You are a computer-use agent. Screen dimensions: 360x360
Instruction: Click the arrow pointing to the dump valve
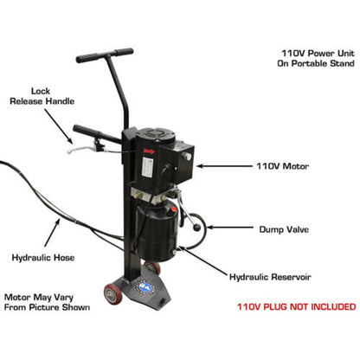[224, 228]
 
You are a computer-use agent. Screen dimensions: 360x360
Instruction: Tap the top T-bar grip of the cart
[105, 55]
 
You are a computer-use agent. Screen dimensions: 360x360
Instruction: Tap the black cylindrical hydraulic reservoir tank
[152, 230]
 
